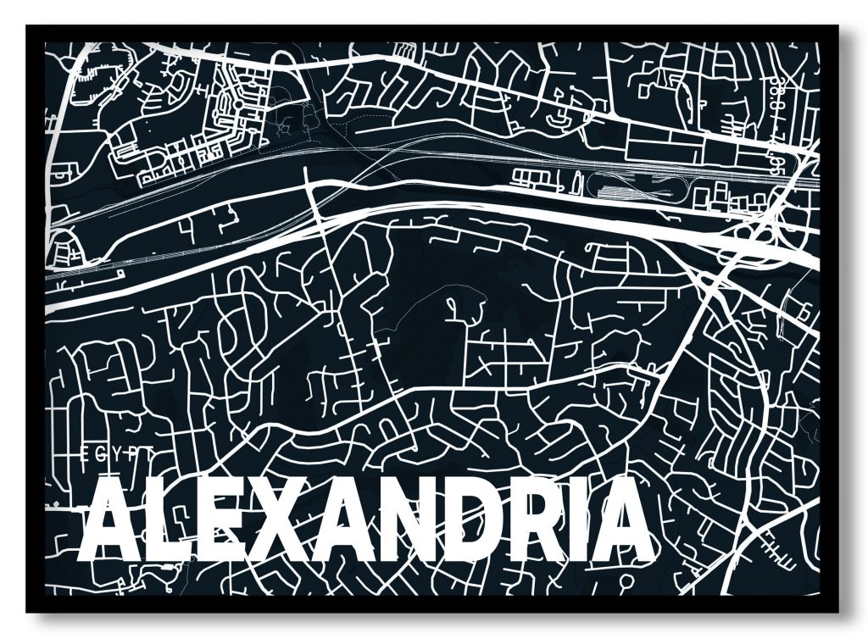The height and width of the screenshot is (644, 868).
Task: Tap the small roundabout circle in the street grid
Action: [x=238, y=104]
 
